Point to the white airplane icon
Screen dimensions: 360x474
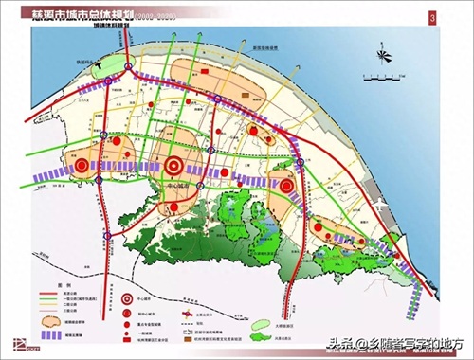[378, 206]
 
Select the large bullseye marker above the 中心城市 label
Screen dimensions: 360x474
[175, 165]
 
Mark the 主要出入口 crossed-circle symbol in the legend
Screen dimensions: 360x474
[188, 313]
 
